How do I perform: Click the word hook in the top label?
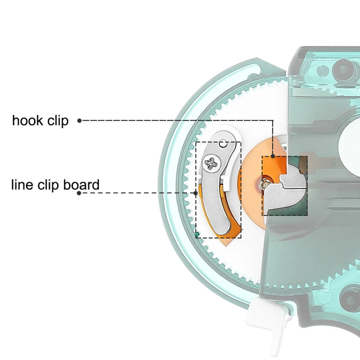[x=27, y=120]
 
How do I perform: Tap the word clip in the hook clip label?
[x=58, y=121]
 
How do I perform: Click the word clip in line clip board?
[x=48, y=185]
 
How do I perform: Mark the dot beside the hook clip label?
[x=80, y=120]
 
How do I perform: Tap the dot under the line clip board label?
[x=79, y=193]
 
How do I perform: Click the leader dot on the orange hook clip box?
[x=273, y=156]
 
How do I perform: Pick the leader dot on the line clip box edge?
[x=196, y=193]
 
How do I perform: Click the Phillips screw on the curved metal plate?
[x=213, y=163]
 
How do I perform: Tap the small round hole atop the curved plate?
[x=223, y=144]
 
